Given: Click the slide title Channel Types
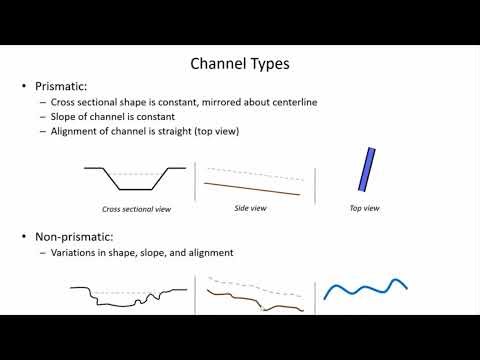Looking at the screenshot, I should [239, 64].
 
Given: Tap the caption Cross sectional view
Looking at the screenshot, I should [136, 210].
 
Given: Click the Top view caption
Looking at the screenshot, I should [362, 208].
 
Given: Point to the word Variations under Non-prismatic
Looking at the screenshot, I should [74, 253].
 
